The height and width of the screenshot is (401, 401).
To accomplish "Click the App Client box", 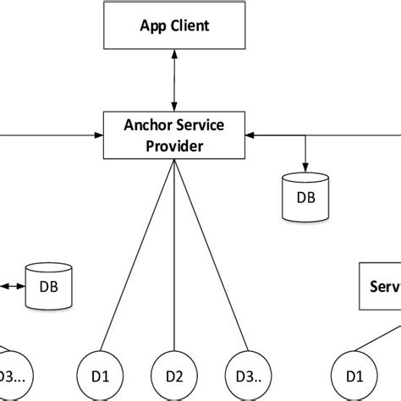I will pos(173,26).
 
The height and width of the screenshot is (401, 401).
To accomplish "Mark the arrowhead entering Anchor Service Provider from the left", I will pos(97,134).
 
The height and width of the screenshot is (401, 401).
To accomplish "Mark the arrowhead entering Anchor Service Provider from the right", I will pos(250,134).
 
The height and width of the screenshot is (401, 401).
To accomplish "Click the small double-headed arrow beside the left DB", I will pos(14,286).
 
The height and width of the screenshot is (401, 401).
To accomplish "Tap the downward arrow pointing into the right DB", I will pos(305,161).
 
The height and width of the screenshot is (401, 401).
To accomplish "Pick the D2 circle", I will pos(173,372).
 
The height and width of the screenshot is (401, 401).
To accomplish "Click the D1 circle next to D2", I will pos(98,372).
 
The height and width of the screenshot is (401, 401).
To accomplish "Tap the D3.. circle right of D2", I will pos(248,372).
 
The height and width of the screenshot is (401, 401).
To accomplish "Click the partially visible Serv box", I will pos(381,288).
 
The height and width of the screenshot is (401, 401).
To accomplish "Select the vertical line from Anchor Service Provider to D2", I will pos(173,254).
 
